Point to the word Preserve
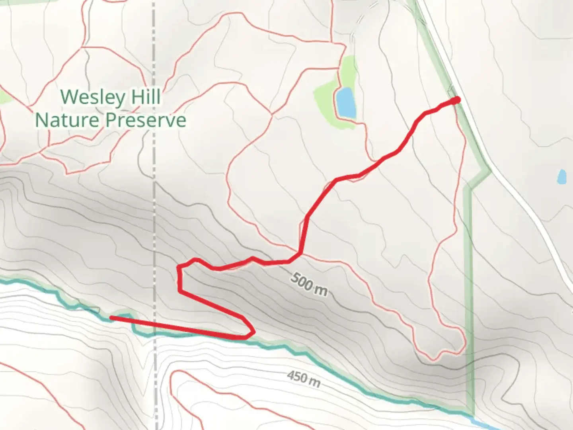click(149, 120)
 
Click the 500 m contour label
click(309, 284)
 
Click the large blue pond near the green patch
click(345, 103)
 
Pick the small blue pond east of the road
click(561, 176)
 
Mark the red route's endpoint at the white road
click(457, 100)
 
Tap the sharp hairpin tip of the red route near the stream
click(252, 331)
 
